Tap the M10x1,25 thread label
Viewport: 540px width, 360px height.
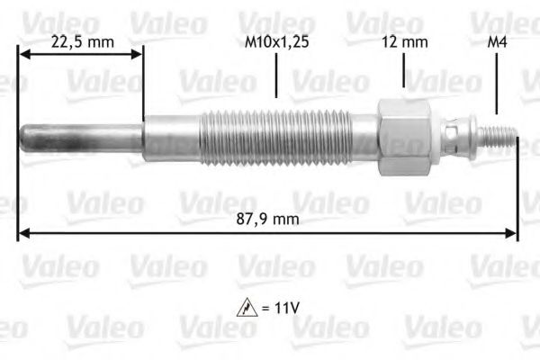pos(274,41)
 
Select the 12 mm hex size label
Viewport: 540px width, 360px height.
pos(404,41)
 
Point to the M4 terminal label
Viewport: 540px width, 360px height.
pos(495,41)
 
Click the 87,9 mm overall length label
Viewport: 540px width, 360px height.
pos(275,219)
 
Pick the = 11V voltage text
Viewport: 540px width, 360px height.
pos(282,308)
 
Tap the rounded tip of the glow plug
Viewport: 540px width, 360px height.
pos(26,137)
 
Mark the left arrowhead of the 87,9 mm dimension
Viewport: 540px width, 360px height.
pos(22,234)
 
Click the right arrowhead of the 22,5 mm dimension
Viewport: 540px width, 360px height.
pos(138,55)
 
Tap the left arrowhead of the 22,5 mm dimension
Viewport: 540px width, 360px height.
pos(23,55)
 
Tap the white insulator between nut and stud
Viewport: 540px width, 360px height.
pos(445,137)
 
